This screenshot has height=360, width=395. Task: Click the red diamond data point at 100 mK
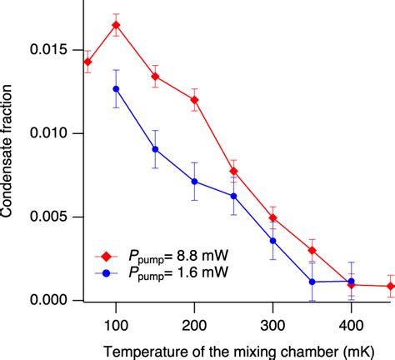pyautogui.click(x=116, y=25)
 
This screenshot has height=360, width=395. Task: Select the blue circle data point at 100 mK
pyautogui.click(x=116, y=88)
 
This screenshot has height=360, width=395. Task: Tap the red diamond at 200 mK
pyautogui.click(x=194, y=100)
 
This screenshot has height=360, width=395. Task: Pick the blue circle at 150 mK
pyautogui.click(x=155, y=149)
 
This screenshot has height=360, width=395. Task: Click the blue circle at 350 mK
pyautogui.click(x=312, y=282)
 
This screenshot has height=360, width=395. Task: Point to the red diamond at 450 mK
pyautogui.click(x=390, y=286)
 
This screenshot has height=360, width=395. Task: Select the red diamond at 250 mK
pyautogui.click(x=233, y=171)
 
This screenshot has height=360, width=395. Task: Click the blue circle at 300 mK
pyautogui.click(x=272, y=241)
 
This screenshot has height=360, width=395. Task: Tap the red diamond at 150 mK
pyautogui.click(x=155, y=76)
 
